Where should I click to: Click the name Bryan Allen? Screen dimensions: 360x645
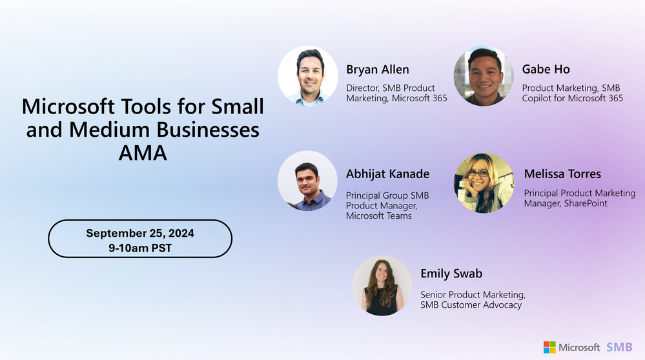click(x=378, y=70)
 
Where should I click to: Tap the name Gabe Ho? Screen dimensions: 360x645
click(x=546, y=70)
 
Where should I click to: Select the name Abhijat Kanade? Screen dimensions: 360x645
click(x=387, y=174)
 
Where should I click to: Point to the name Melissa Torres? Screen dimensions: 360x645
click(x=562, y=174)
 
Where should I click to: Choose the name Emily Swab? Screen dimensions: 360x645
click(x=451, y=274)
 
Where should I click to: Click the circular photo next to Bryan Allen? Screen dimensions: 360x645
click(x=308, y=76)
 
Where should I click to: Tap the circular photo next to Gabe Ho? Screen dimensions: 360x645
click(x=484, y=76)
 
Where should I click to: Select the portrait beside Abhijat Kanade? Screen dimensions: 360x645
click(x=308, y=181)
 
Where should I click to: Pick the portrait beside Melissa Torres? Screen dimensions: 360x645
click(x=484, y=183)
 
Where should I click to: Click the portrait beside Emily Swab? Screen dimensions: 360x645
click(x=382, y=286)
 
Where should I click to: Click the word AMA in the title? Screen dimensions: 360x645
click(x=143, y=154)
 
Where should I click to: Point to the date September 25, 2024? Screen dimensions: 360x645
click(x=140, y=233)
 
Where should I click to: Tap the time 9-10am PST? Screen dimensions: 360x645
click(x=140, y=247)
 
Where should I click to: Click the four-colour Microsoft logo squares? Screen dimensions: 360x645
click(x=549, y=347)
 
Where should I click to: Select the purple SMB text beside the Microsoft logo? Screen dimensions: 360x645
click(x=619, y=347)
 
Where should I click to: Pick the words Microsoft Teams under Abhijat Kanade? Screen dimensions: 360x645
click(x=379, y=215)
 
